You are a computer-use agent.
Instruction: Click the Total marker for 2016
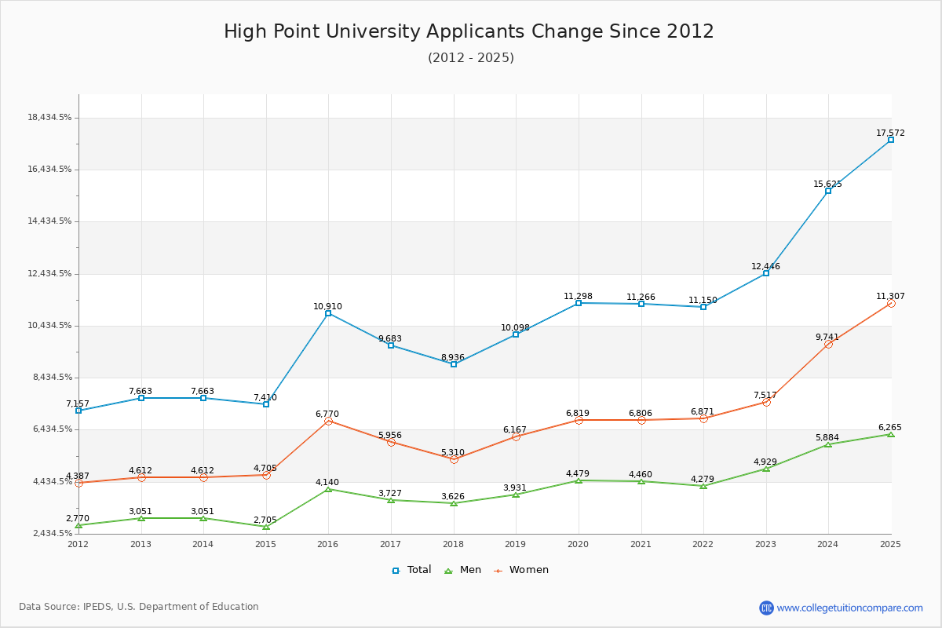point(328,313)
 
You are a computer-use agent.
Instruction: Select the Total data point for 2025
point(891,140)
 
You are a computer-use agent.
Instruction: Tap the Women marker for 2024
point(828,344)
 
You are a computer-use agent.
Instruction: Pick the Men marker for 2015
point(266,527)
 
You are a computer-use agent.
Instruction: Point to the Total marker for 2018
point(454,364)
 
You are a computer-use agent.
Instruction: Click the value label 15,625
point(827,184)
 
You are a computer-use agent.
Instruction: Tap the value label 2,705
point(265,520)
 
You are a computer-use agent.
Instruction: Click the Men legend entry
point(463,570)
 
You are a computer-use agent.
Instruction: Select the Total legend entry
point(412,570)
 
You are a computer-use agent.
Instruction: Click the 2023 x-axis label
point(765,543)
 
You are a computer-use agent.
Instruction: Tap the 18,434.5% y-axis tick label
point(49,118)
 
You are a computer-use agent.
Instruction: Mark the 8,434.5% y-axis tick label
point(49,378)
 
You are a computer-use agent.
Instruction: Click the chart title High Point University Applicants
point(469,31)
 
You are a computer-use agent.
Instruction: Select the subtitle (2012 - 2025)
point(471,58)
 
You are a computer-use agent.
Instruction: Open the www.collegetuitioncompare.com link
point(849,608)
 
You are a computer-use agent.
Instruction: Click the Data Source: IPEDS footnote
point(139,607)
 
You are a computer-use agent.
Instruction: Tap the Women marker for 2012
point(78,483)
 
